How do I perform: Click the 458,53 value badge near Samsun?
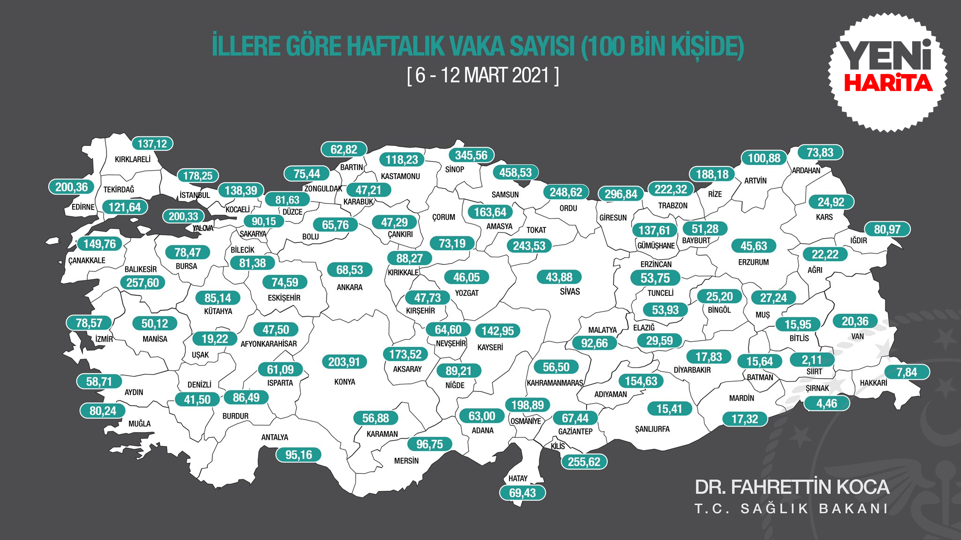[515, 172]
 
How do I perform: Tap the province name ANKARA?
[350, 287]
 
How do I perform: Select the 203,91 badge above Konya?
[344, 362]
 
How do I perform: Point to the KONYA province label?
[345, 382]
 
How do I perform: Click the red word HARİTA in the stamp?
[888, 83]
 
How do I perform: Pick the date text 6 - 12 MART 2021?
[483, 75]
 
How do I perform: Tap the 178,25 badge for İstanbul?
[198, 176]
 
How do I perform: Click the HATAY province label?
[518, 479]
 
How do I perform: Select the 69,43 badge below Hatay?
[522, 493]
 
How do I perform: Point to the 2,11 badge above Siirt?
[812, 360]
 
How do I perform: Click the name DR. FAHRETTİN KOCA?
[792, 487]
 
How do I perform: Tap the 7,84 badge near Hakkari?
[907, 372]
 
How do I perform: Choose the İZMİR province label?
[104, 339]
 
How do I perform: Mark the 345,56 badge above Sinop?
[471, 155]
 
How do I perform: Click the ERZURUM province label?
[754, 262]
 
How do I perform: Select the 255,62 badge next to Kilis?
[584, 462]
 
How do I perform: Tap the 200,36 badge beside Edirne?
[71, 187]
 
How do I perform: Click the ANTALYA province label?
[275, 437]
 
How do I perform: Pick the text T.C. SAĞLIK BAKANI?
[791, 509]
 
